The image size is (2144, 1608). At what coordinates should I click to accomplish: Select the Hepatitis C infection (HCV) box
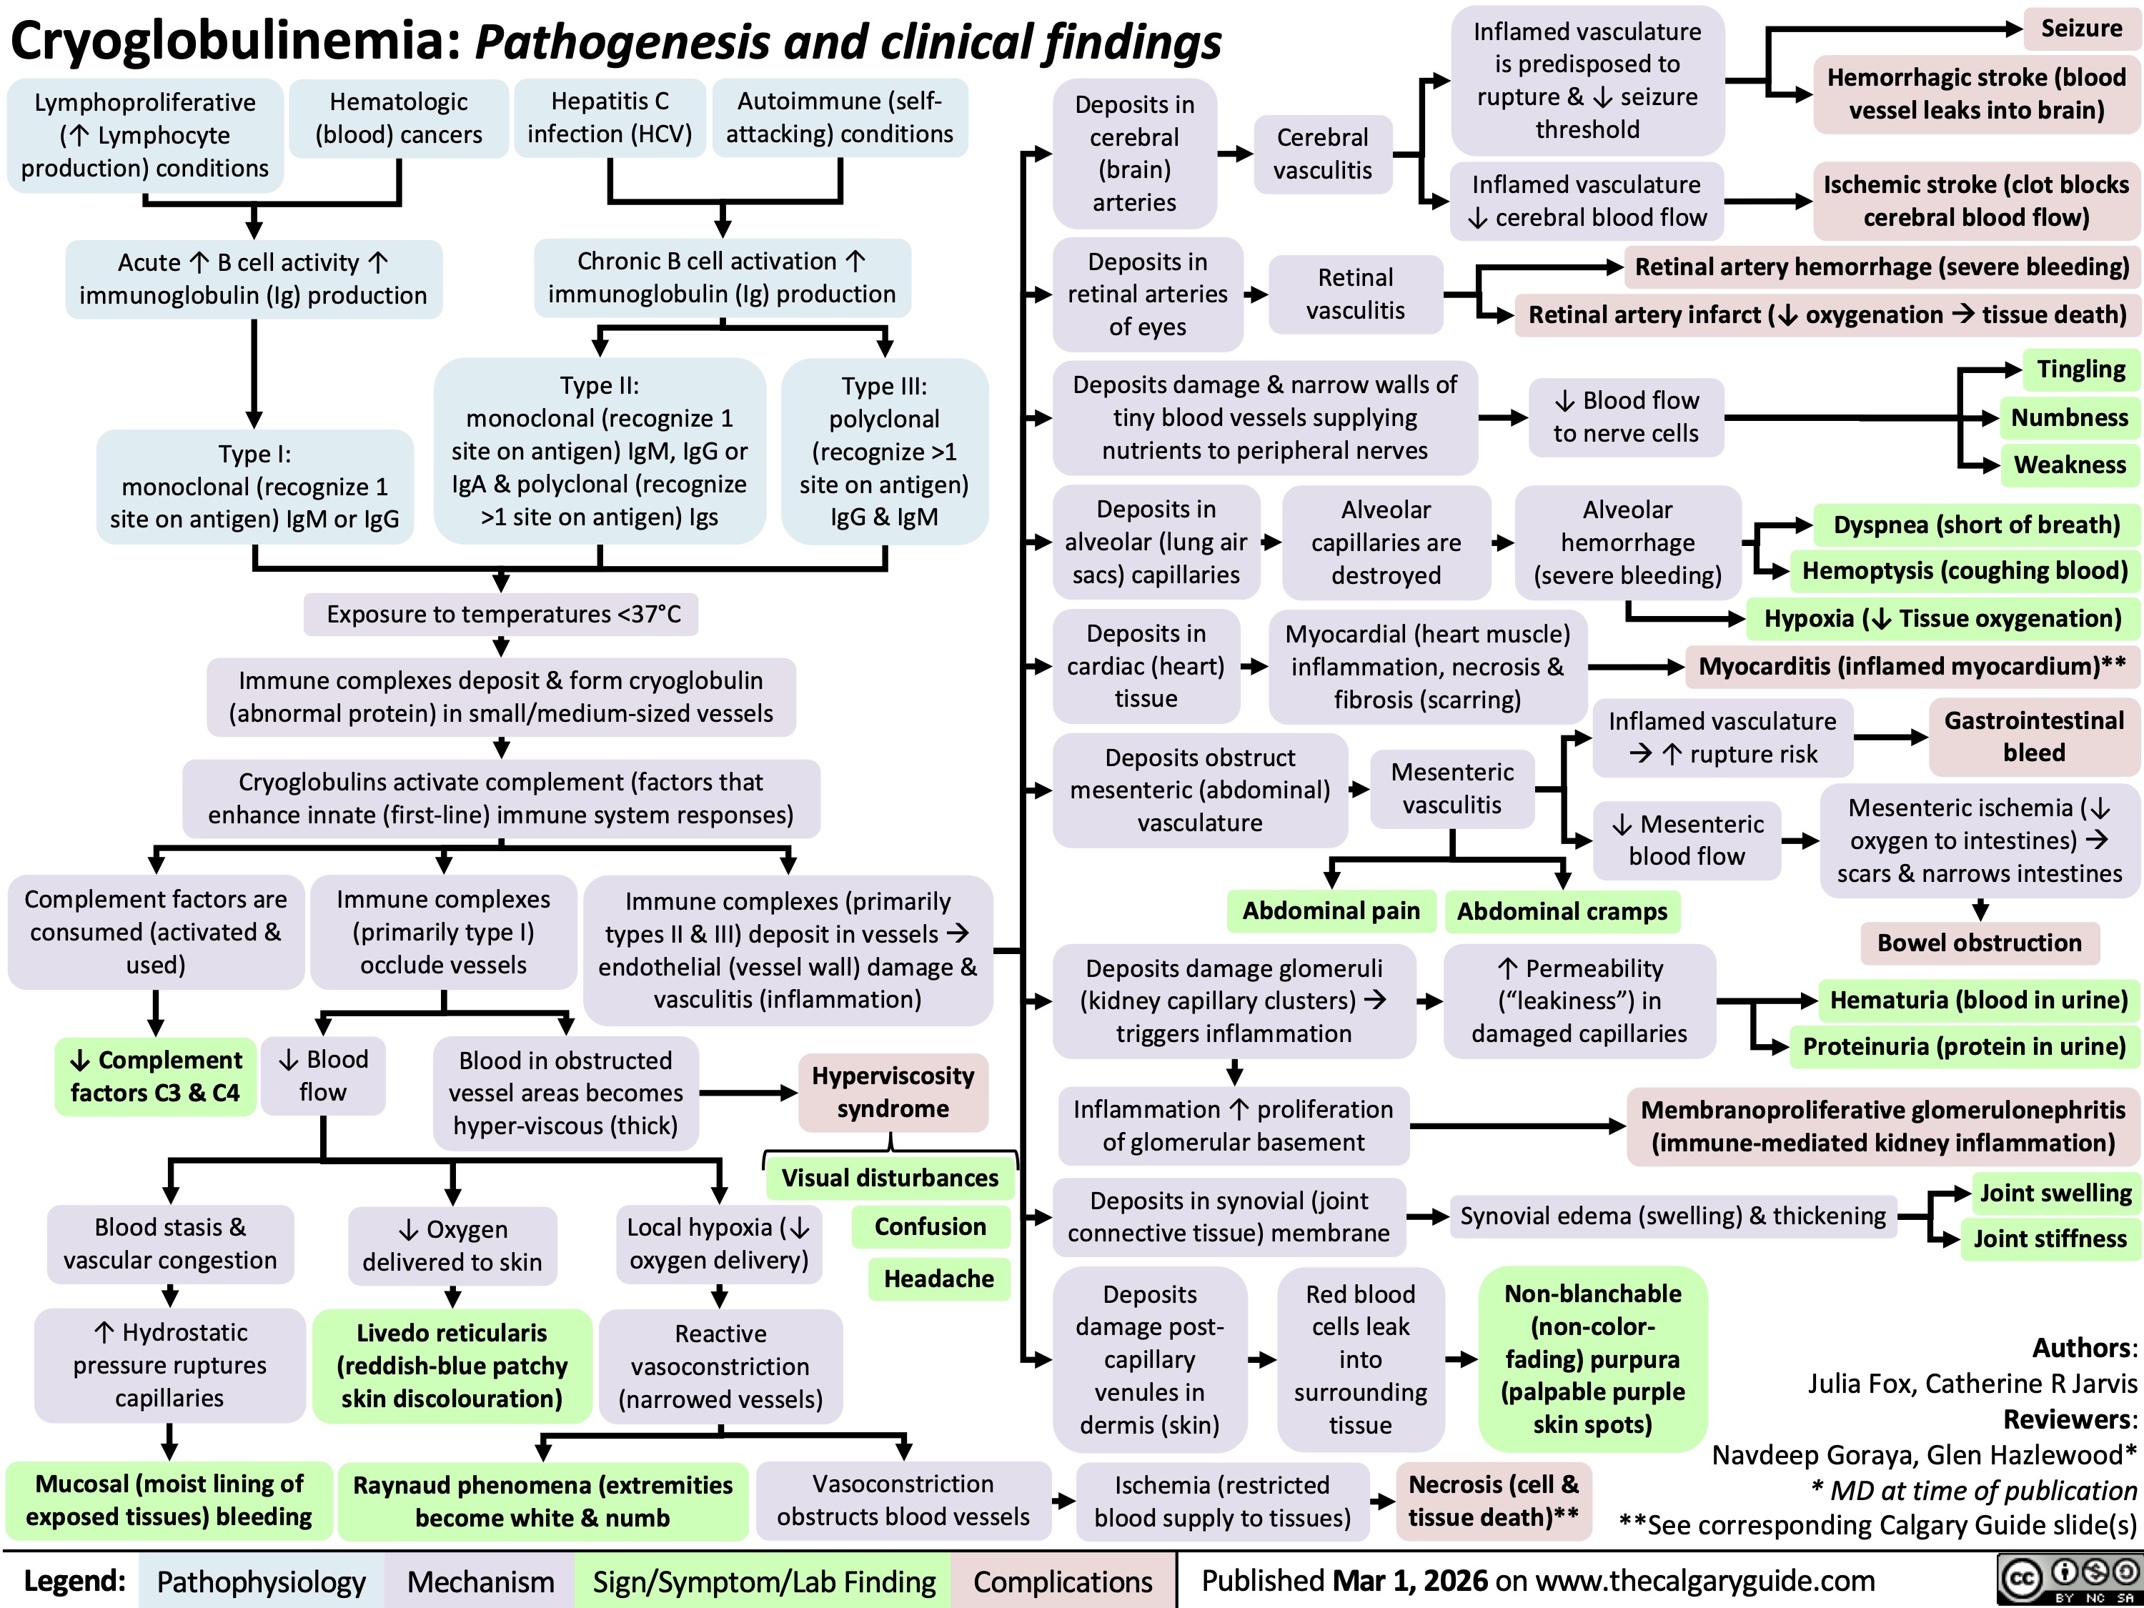(610, 117)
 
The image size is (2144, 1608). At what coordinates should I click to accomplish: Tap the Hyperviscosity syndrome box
(893, 1092)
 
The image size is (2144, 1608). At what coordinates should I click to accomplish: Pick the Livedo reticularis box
(452, 1366)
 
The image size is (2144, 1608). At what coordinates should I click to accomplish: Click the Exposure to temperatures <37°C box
(502, 615)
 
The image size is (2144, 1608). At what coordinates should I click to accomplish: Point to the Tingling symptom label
(2080, 369)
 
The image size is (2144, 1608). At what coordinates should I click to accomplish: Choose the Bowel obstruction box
(1979, 943)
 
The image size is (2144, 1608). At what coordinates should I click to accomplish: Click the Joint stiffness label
(2050, 1239)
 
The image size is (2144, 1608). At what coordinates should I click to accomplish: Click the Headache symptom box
(938, 1279)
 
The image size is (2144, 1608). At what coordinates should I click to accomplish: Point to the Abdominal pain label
(1331, 911)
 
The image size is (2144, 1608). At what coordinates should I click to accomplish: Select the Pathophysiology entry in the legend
(261, 1581)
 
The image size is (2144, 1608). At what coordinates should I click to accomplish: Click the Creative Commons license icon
(2068, 1581)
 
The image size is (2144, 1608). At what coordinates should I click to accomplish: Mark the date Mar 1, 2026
(1410, 1581)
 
